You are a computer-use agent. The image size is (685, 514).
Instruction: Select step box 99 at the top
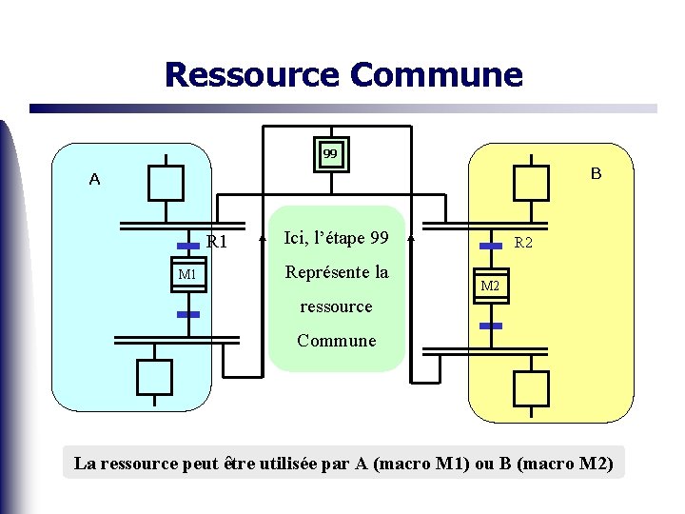(x=330, y=153)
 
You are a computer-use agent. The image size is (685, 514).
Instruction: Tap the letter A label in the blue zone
(x=94, y=179)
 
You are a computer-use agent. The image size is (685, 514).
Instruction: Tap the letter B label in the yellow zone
(x=596, y=173)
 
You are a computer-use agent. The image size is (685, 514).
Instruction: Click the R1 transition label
(x=217, y=241)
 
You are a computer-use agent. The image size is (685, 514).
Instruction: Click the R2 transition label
(x=524, y=243)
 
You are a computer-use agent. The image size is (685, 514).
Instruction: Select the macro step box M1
(x=187, y=275)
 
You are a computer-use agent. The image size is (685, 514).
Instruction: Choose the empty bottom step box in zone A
(x=154, y=376)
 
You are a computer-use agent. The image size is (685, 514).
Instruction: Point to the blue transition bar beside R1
(x=187, y=245)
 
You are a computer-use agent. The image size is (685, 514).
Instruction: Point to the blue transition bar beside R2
(x=491, y=246)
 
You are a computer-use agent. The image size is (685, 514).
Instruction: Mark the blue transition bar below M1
(x=187, y=312)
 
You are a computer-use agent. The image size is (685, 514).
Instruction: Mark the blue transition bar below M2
(x=491, y=326)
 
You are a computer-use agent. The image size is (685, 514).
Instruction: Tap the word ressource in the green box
(x=336, y=306)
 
